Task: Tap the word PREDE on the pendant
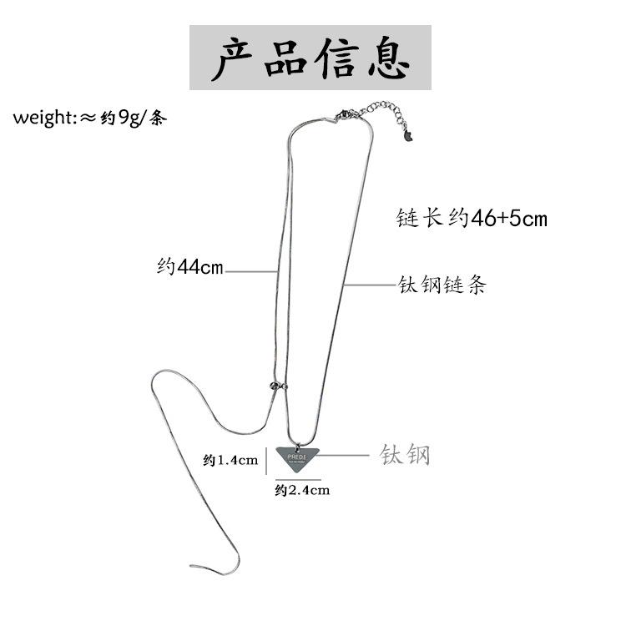[x=297, y=457]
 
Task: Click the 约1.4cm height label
[x=230, y=460]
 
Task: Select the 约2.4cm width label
[x=301, y=491]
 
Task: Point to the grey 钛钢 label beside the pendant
[x=405, y=455]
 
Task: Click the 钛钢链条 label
[x=441, y=285]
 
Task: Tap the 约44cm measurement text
[x=190, y=268]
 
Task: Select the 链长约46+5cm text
[x=472, y=220]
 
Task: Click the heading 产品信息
[x=310, y=57]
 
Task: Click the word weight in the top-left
[x=43, y=118]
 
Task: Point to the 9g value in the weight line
[x=128, y=118]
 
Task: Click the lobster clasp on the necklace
[x=344, y=114]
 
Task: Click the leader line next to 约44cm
[x=250, y=270]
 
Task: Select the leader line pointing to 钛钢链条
[x=367, y=285]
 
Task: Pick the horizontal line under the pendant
[x=298, y=477]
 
